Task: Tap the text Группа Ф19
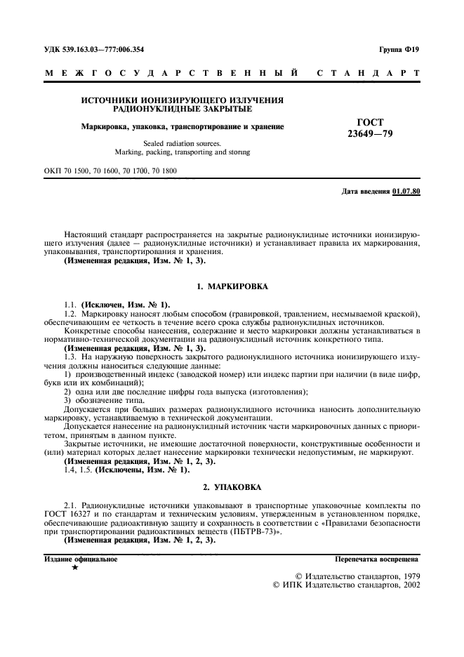[399, 51]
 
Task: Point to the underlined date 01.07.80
[406, 191]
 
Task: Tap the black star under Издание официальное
[75, 568]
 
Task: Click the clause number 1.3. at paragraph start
[72, 357]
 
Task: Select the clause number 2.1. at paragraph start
[72, 505]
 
